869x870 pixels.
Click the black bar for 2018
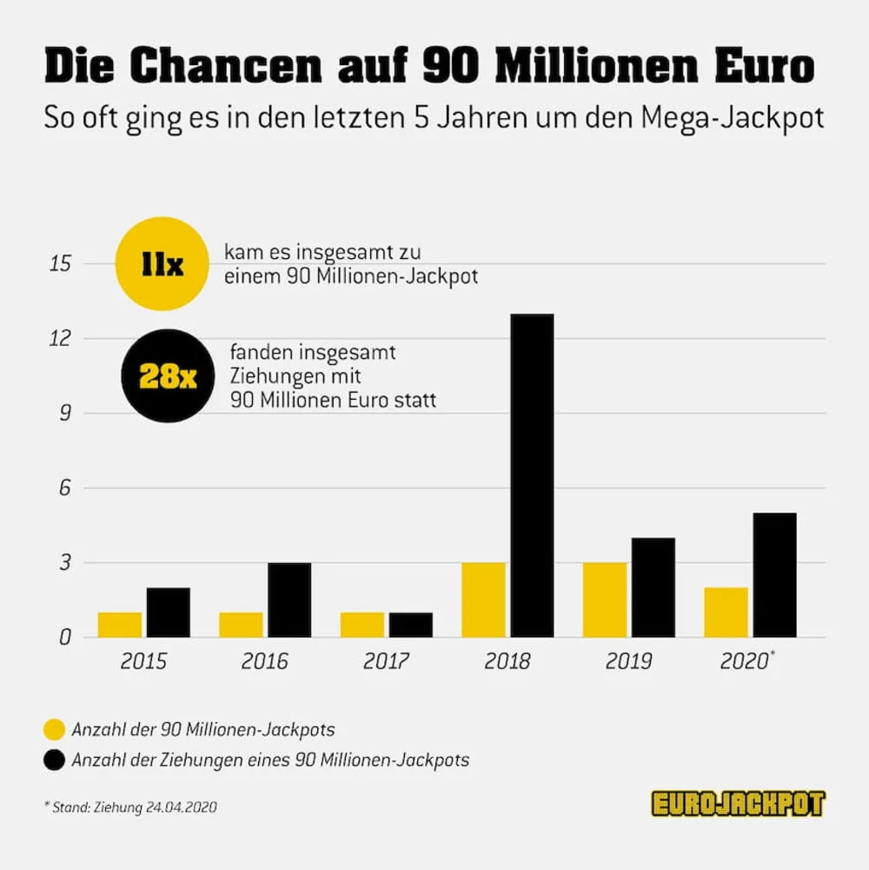tap(532, 475)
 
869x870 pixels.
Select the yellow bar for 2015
tap(120, 625)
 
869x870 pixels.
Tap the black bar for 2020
tap(774, 574)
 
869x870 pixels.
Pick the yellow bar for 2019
tap(605, 600)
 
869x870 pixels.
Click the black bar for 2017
tap(410, 625)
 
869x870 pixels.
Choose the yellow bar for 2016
tap(241, 625)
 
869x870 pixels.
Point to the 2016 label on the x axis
tap(265, 662)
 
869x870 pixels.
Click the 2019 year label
tap(628, 662)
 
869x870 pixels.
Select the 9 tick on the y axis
tap(62, 413)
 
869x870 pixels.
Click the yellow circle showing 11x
tap(163, 264)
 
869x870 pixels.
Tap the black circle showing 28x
tap(163, 375)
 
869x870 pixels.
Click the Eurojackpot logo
tap(737, 804)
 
